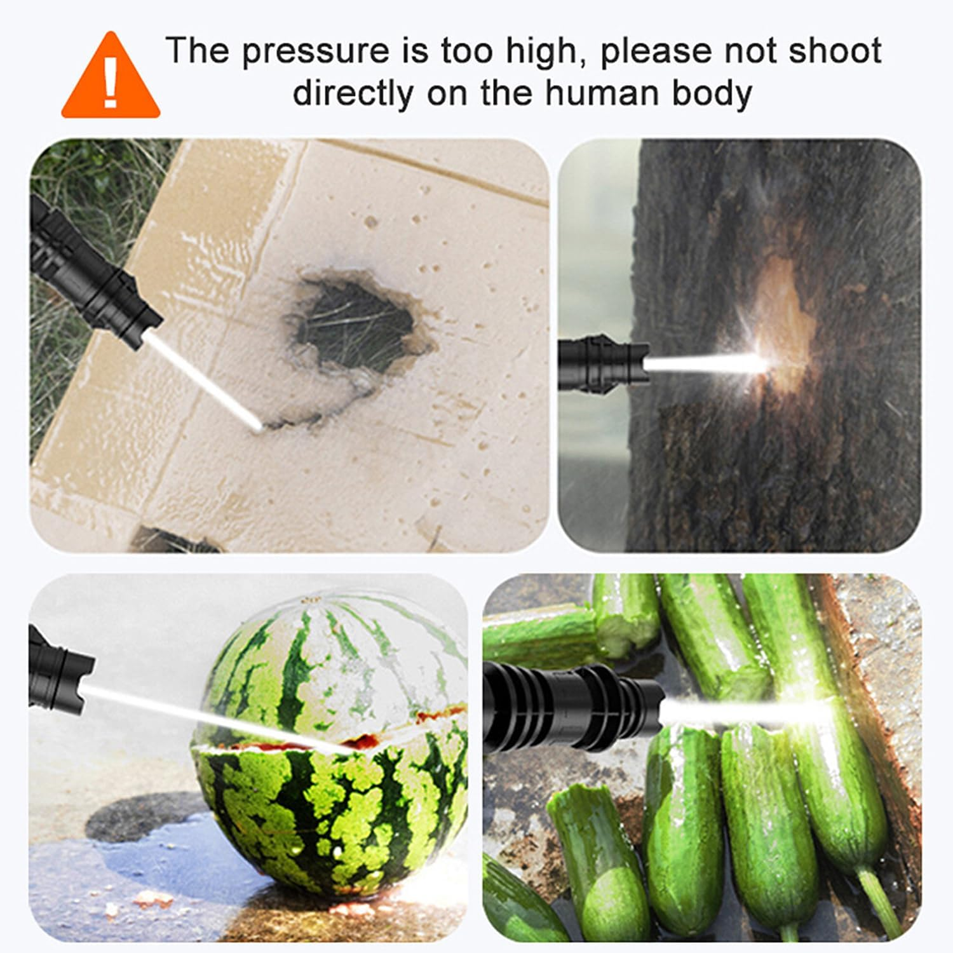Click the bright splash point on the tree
click(766, 363)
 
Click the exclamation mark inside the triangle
click(111, 83)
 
